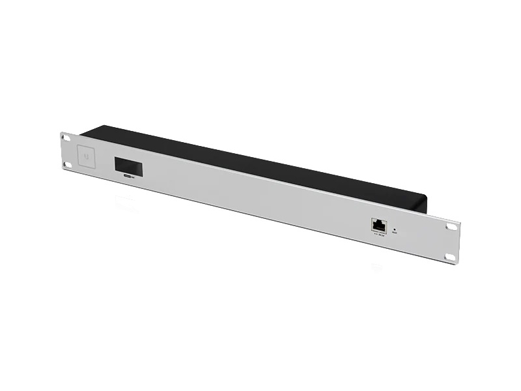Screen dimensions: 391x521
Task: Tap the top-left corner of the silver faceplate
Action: [x=61, y=132]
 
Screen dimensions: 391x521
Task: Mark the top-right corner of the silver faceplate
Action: [x=457, y=220]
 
